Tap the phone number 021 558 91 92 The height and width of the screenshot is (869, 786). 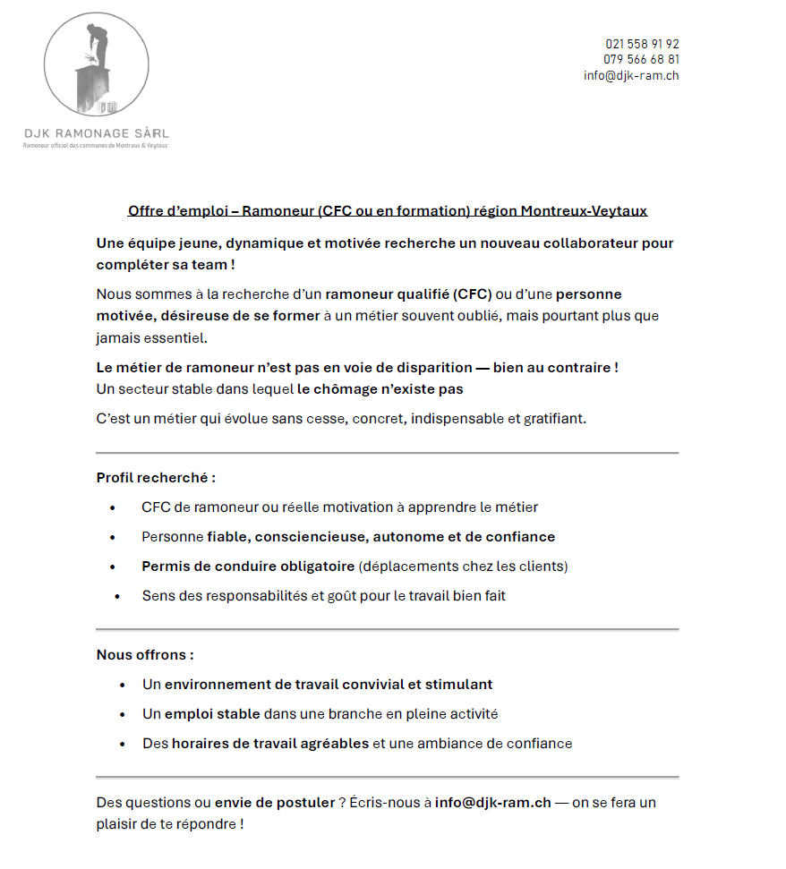point(642,44)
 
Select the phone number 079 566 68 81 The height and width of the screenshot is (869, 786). point(641,60)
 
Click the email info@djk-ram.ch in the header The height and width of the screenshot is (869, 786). point(631,76)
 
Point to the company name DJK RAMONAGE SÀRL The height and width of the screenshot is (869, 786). point(96,133)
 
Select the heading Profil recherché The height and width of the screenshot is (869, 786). point(156,478)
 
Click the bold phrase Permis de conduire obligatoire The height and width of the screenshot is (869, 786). point(248,567)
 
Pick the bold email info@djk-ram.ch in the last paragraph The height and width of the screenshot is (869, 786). point(492,803)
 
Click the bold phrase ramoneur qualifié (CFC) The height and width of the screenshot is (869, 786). point(408,294)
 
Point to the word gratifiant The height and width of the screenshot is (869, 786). point(553,419)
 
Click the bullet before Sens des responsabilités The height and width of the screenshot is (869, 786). point(117,596)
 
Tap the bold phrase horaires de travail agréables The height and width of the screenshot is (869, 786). point(270,744)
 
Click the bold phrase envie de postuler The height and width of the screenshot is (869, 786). point(274,803)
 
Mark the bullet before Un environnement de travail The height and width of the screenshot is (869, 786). point(122,685)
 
